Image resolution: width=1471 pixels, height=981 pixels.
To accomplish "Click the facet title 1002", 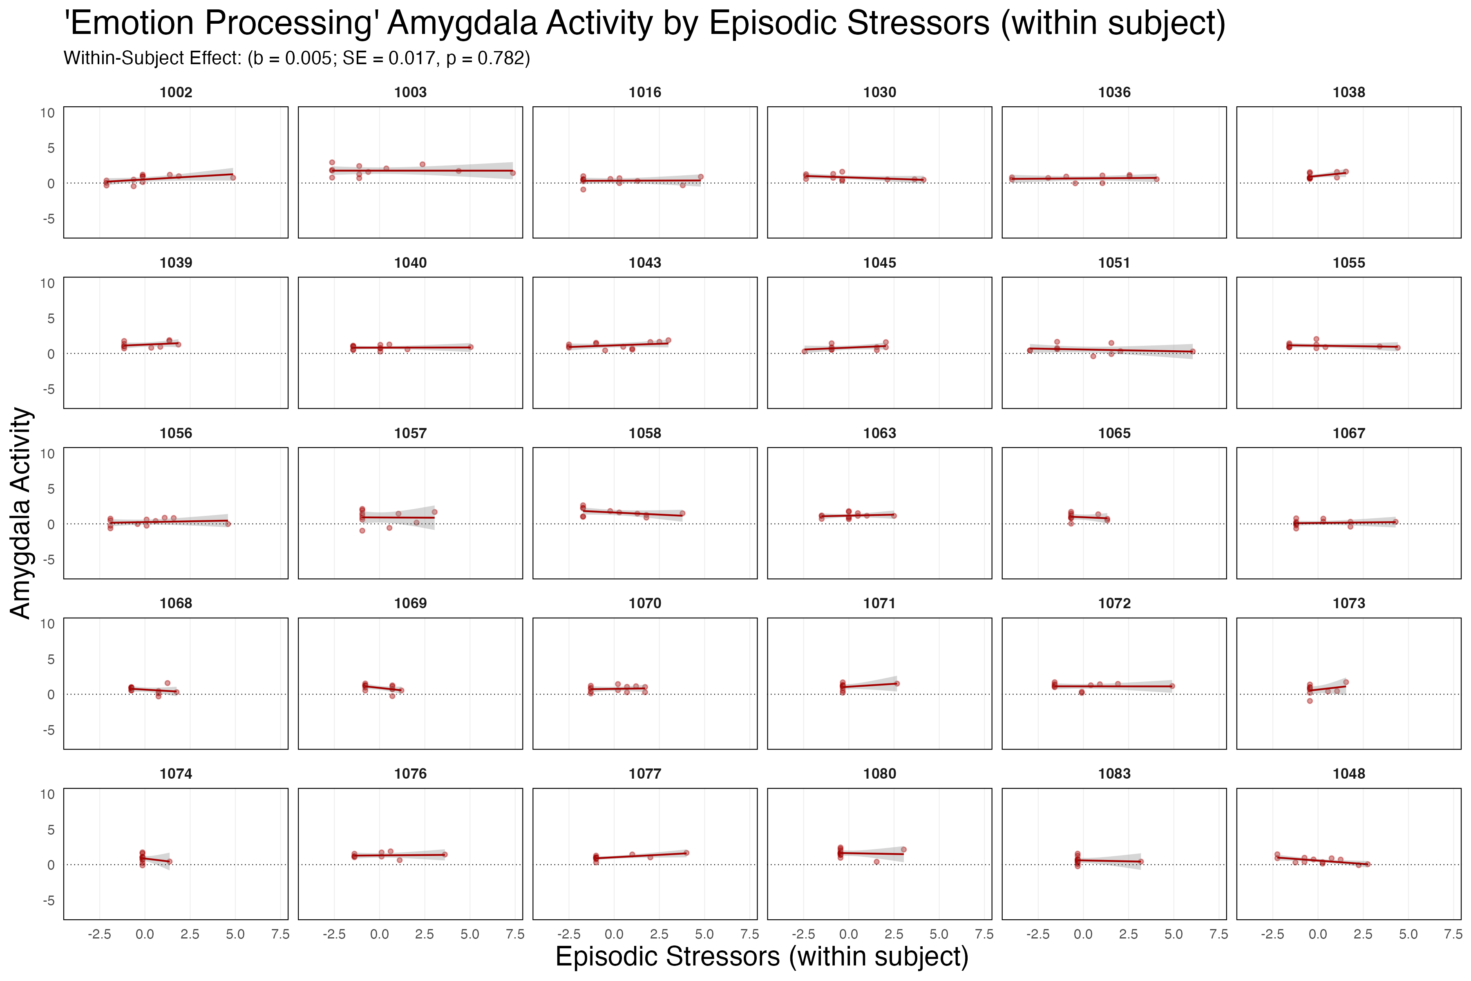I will (176, 93).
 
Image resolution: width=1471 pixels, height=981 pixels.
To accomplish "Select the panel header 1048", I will (1348, 774).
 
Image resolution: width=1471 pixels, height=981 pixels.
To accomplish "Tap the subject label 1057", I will (410, 433).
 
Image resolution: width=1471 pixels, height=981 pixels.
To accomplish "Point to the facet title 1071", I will (879, 603).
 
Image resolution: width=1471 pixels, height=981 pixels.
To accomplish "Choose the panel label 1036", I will (1114, 93).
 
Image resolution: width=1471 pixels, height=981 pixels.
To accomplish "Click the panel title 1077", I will (645, 774).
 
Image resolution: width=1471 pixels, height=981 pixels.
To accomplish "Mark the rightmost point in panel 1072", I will (1172, 686).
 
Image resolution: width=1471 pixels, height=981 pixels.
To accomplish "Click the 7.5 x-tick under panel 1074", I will (280, 935).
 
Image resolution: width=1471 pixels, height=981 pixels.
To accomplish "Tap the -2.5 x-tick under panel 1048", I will (1272, 935).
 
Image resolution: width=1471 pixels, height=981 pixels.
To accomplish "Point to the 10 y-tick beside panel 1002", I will (47, 113).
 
